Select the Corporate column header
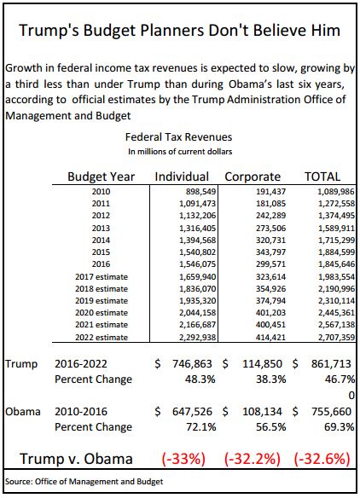click(253, 177)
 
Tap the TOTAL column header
click(322, 177)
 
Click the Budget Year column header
click(101, 177)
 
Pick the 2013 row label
click(101, 228)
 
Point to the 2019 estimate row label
click(102, 300)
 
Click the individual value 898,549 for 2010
click(200, 192)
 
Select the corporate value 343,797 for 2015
click(271, 252)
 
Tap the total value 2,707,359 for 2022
click(336, 338)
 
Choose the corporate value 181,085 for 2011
click(271, 204)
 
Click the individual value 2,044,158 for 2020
click(198, 313)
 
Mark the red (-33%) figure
click(183, 459)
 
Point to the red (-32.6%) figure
click(322, 459)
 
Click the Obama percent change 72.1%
click(200, 427)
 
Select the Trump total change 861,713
click(331, 363)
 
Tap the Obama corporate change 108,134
click(262, 412)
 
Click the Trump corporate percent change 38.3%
click(270, 379)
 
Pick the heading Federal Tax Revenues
click(178, 137)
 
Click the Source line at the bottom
click(84, 482)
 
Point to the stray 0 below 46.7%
click(351, 396)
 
